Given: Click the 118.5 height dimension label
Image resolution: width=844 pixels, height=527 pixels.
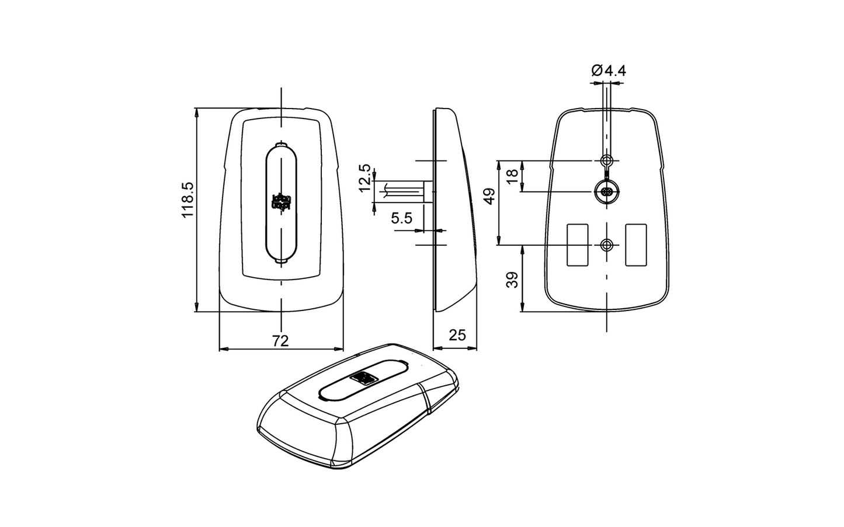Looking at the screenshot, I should coord(187,200).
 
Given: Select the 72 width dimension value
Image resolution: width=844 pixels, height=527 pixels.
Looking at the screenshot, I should coord(281,341).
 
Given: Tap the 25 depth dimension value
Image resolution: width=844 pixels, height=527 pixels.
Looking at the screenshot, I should coord(457,335).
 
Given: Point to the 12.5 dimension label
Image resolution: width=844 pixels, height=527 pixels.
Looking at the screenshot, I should coord(364,178).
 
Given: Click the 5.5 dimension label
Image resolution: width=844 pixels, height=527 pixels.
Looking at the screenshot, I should coord(402,218).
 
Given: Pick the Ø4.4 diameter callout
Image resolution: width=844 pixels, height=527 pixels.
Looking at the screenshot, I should coord(608,71).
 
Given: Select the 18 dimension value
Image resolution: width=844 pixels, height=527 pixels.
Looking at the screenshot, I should coord(513,176).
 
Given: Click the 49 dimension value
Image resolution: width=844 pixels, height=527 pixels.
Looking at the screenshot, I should coord(489,196).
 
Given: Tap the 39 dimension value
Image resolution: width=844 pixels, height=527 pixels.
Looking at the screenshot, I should coord(513,280).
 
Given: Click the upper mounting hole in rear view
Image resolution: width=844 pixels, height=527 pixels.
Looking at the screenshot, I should coord(607,160).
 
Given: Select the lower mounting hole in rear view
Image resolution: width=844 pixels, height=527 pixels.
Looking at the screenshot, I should coord(607,245).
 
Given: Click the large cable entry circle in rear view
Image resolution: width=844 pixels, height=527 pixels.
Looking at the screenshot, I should coord(607,191).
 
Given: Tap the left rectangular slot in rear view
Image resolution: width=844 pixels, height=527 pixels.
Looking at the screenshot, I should coord(578,245).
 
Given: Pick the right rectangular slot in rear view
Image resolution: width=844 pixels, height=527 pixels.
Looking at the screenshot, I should coord(636,245).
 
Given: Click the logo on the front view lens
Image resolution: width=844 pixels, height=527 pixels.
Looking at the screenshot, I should coord(282,202).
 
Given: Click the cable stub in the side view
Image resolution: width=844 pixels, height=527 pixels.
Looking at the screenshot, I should coord(403,191).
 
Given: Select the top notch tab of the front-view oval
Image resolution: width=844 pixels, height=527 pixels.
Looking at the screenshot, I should coord(282,143).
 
